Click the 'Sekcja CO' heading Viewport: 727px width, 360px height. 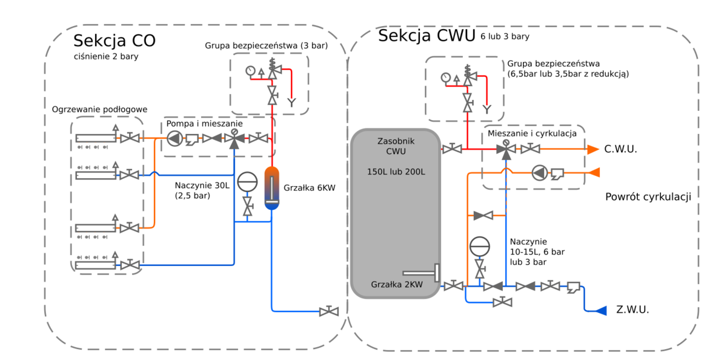point(114,41)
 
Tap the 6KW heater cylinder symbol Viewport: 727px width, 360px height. point(272,187)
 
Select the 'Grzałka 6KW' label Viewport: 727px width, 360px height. point(309,188)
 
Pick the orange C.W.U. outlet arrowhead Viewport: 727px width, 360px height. point(592,149)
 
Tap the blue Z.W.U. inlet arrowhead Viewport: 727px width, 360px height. point(600,310)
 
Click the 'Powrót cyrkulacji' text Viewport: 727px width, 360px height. point(648,197)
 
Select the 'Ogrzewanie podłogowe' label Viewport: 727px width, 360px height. point(100,109)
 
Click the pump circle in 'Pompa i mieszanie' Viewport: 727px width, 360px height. point(174,139)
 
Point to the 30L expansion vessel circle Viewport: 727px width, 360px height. point(247,182)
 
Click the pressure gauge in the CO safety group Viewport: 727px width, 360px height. point(250,71)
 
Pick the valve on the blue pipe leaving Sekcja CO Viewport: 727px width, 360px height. point(328,312)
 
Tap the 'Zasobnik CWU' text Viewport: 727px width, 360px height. point(395,145)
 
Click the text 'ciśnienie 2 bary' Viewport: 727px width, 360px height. point(105,57)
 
